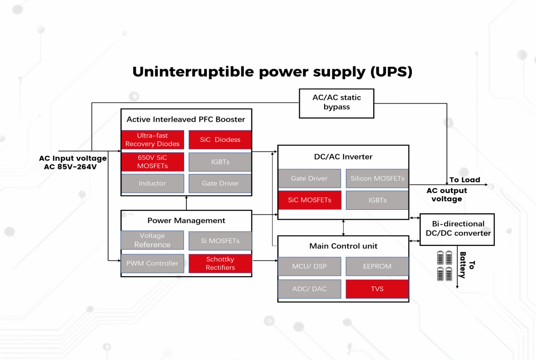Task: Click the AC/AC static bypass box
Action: coord(336,103)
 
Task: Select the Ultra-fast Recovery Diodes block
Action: coord(152,140)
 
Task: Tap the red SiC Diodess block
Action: coord(220,140)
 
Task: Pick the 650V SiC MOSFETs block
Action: coord(152,162)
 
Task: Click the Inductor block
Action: coord(152,183)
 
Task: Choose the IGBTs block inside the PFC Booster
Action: coord(220,162)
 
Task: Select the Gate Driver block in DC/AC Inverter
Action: coord(309,178)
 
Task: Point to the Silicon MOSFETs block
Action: coord(377,178)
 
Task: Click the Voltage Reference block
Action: coord(152,240)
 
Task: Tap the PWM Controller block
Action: coord(152,263)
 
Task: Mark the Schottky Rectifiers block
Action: coord(220,263)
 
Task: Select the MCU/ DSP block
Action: coord(309,266)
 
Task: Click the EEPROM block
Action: coord(377,266)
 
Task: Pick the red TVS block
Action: coord(377,289)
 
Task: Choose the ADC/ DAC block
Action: coord(309,289)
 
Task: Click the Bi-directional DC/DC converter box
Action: coord(457,229)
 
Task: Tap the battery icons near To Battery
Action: coord(445,266)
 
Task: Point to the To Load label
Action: coord(465,180)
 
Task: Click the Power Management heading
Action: coord(186,220)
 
